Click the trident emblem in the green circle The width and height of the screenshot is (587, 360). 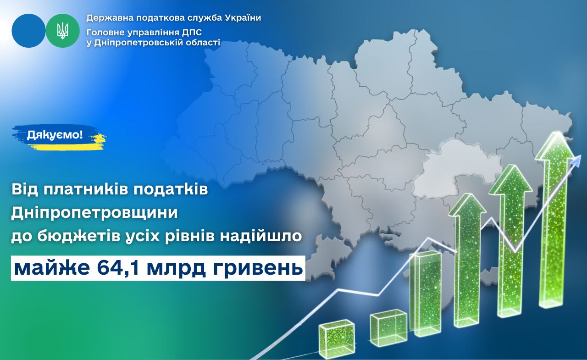pos(63,31)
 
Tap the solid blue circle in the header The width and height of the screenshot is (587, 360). pos(28,31)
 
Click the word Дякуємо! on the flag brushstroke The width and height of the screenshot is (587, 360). pos(55,135)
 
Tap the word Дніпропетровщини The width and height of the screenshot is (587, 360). pos(94,213)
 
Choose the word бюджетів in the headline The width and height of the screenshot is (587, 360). pos(76,237)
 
